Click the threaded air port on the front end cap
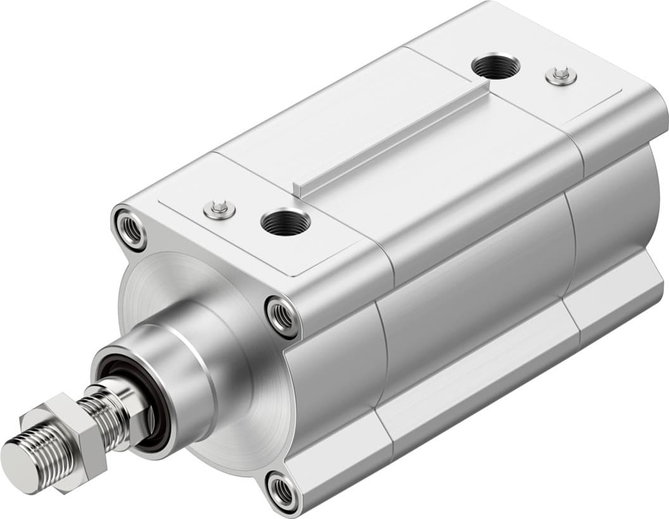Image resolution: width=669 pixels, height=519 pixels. coord(285,222)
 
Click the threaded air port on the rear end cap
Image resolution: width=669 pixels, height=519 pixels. coord(495,66)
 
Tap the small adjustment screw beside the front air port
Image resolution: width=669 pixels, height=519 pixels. coord(220,208)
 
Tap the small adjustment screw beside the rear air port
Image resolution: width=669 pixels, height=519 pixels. coord(561,75)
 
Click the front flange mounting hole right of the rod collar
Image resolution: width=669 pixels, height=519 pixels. coord(282,315)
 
